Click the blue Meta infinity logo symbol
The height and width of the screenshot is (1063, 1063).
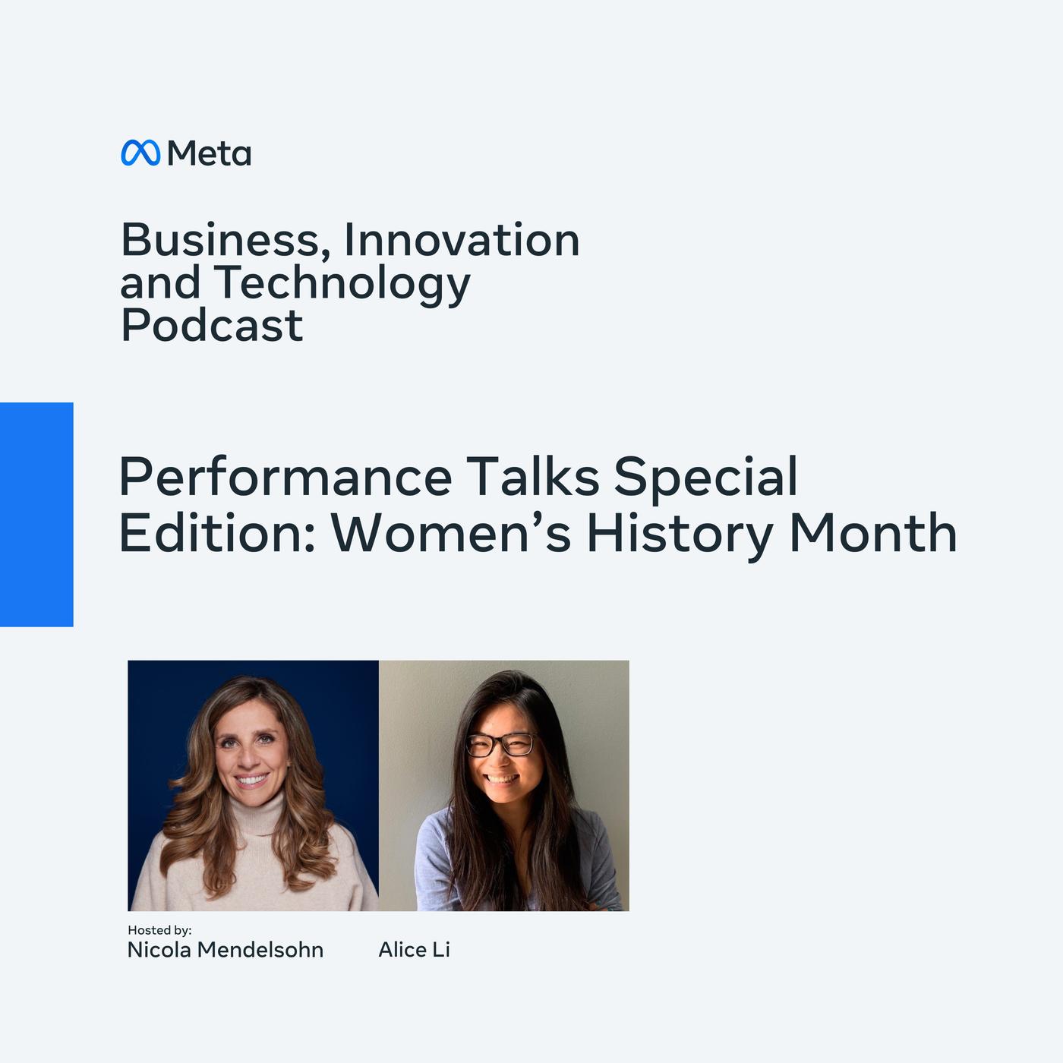[x=140, y=153]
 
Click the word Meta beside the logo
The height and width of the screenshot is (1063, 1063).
[x=209, y=153]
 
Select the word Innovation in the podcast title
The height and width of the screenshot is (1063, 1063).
[x=461, y=240]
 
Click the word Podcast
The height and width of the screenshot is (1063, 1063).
[x=212, y=325]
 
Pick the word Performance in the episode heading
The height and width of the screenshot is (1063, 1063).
[x=285, y=477]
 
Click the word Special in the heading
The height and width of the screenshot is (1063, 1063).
[x=705, y=477]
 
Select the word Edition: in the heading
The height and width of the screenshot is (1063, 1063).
[x=217, y=532]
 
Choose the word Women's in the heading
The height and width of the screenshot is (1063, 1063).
[x=450, y=532]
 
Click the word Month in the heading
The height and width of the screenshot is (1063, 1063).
[x=872, y=532]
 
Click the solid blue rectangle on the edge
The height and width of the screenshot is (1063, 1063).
[x=36, y=515]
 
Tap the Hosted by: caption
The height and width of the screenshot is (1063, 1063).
[x=159, y=930]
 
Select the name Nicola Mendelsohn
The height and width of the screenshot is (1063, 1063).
[x=225, y=950]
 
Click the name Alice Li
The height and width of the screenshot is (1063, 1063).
[x=415, y=950]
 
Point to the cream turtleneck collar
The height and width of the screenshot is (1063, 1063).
[x=257, y=812]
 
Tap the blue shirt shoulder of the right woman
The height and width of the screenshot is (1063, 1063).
[x=433, y=838]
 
